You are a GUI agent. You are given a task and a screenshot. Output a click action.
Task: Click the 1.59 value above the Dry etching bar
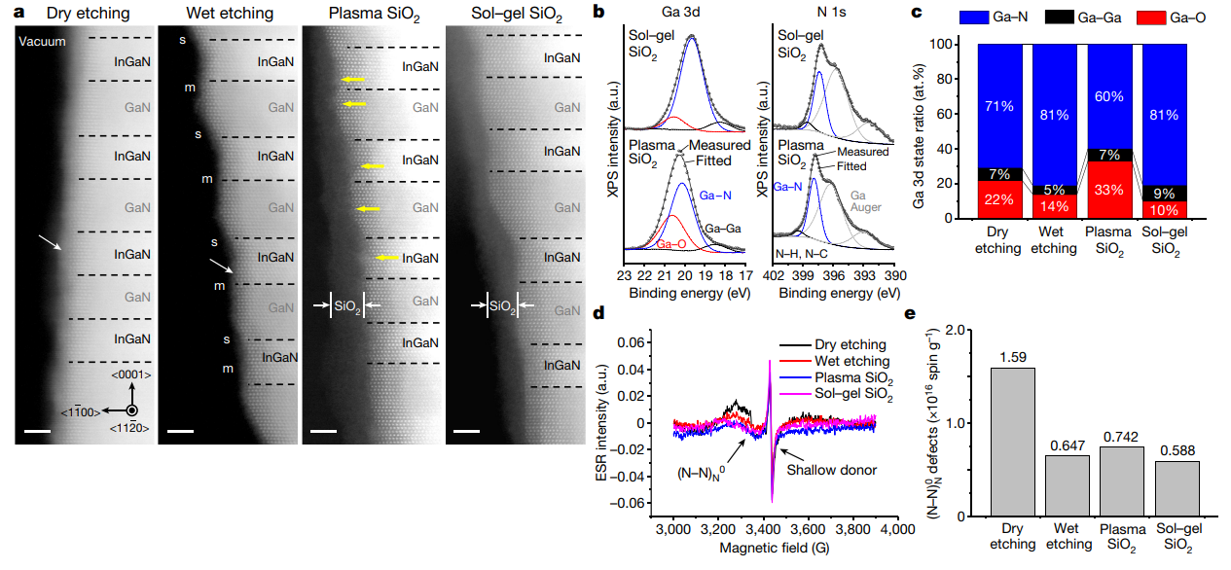[1012, 357]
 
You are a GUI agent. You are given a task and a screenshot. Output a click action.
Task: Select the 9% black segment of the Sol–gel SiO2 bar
[1164, 193]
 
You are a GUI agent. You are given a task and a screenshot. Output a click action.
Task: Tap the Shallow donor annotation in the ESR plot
[832, 470]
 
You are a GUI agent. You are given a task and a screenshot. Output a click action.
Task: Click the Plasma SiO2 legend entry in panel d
[842, 377]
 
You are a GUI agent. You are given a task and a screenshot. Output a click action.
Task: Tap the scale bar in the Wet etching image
[180, 429]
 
